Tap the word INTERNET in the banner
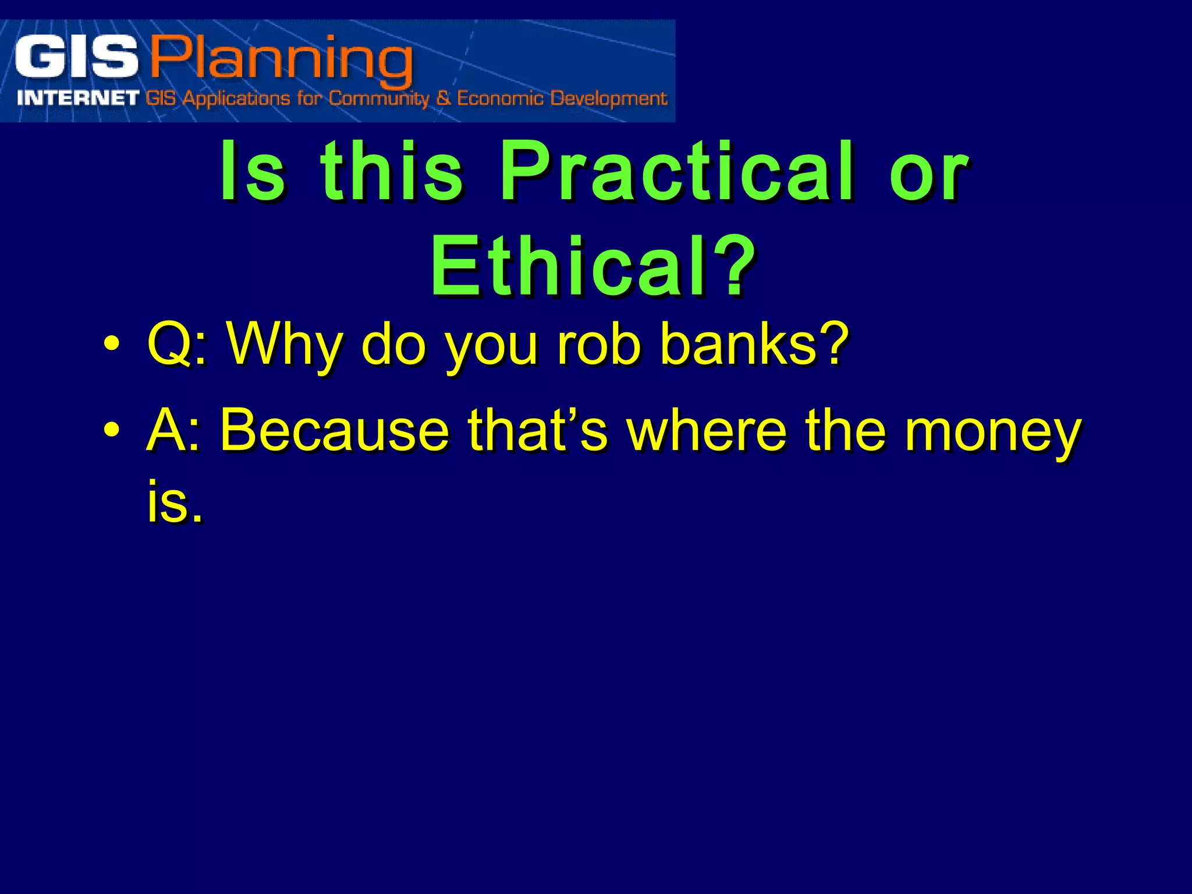tap(78, 98)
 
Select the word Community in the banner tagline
tap(378, 99)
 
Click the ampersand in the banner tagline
tap(444, 98)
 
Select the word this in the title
tap(392, 172)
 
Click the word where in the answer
tap(706, 431)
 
